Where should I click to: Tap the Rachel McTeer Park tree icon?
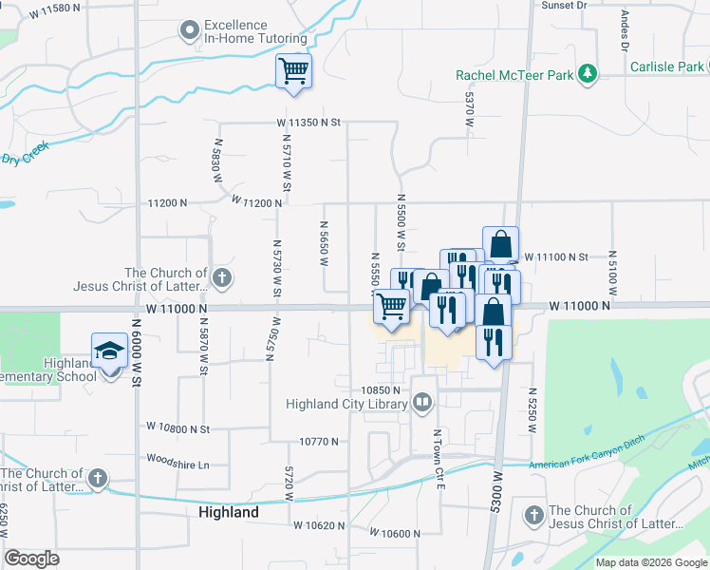pyautogui.click(x=589, y=73)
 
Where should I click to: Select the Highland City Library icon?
pyautogui.click(x=422, y=404)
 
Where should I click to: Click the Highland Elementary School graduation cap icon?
pyautogui.click(x=109, y=351)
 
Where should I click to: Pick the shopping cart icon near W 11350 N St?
pyautogui.click(x=293, y=70)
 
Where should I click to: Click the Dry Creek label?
pyautogui.click(x=24, y=159)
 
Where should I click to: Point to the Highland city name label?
pyautogui.click(x=229, y=512)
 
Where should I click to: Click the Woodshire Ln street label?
pyautogui.click(x=177, y=458)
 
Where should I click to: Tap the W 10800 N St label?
pyautogui.click(x=177, y=428)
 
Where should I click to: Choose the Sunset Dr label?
pyautogui.click(x=565, y=5)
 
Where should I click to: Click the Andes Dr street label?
pyautogui.click(x=625, y=30)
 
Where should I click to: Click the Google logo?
pyautogui.click(x=32, y=559)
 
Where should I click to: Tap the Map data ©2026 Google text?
pyautogui.click(x=651, y=562)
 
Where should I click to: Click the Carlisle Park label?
pyautogui.click(x=666, y=66)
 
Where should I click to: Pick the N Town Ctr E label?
pyautogui.click(x=439, y=458)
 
